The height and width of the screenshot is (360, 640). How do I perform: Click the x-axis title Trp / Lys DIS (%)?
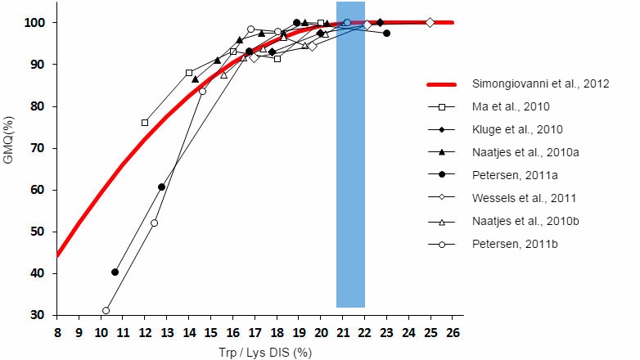coord(255,353)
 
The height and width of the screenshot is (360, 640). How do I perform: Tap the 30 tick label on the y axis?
coord(38,315)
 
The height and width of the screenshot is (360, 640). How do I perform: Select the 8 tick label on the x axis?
coord(57,333)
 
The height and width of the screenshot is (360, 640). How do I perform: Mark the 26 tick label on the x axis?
coord(453,333)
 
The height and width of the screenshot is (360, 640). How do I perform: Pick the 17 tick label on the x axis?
coord(255,333)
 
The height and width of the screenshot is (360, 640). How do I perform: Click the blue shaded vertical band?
coord(350,164)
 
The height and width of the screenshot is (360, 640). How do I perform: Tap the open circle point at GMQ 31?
coord(106,311)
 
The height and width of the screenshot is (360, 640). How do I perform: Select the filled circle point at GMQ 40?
coord(115,272)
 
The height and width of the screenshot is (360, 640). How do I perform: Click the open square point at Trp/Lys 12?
coord(145,123)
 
